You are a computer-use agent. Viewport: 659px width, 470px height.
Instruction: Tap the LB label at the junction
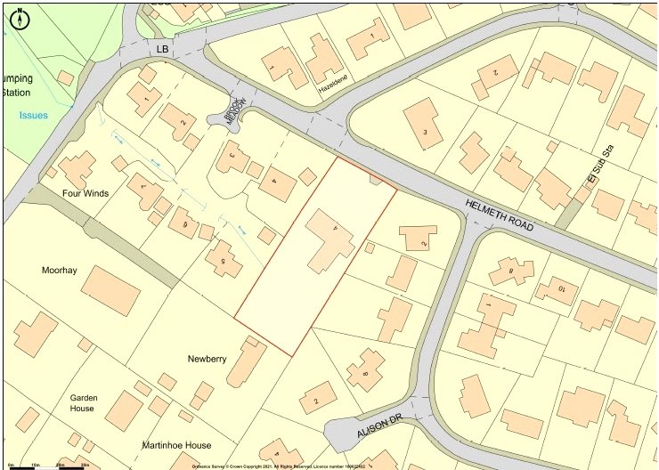pos(162,50)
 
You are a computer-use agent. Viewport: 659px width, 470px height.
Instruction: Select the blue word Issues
pos(34,115)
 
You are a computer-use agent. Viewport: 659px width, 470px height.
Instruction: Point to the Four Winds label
pos(85,192)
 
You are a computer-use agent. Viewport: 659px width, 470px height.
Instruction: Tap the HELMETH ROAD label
pos(500,216)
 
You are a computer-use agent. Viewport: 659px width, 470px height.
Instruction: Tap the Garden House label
pos(83,403)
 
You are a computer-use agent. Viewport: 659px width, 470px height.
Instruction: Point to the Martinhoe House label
pos(175,445)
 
